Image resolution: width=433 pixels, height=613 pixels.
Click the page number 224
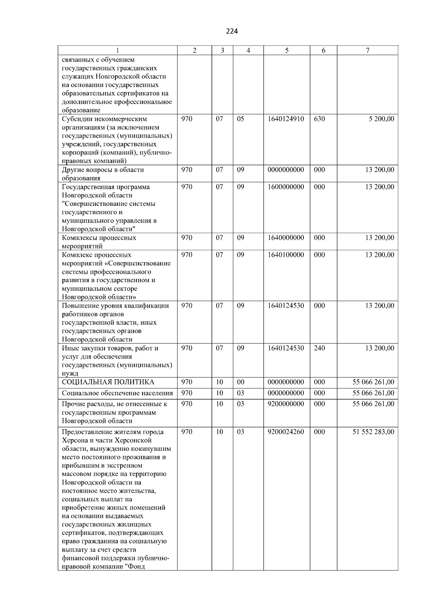[x=232, y=31]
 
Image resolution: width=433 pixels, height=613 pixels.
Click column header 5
[x=287, y=51]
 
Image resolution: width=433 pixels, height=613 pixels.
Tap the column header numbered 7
[x=367, y=51]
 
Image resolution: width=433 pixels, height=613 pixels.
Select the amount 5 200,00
[x=381, y=119]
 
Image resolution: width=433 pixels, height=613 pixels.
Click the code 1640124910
[x=286, y=119]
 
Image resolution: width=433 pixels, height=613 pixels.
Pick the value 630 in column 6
[x=319, y=119]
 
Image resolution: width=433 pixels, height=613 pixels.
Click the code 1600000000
[x=286, y=187]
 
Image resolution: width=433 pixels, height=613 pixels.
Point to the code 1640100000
[x=286, y=255]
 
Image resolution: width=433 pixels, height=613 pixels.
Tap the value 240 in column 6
[x=319, y=348]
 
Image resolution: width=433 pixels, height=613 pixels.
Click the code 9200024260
[x=286, y=432]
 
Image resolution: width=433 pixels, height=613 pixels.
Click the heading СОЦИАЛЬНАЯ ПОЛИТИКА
[x=108, y=382]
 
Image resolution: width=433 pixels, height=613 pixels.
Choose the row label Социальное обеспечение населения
[x=117, y=393]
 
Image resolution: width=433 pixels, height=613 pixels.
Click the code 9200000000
[x=286, y=404]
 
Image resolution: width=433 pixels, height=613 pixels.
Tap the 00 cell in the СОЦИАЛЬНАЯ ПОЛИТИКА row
[x=240, y=382]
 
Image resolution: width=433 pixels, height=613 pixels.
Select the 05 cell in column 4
[x=240, y=119]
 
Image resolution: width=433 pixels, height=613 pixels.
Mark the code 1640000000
[x=286, y=238]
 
